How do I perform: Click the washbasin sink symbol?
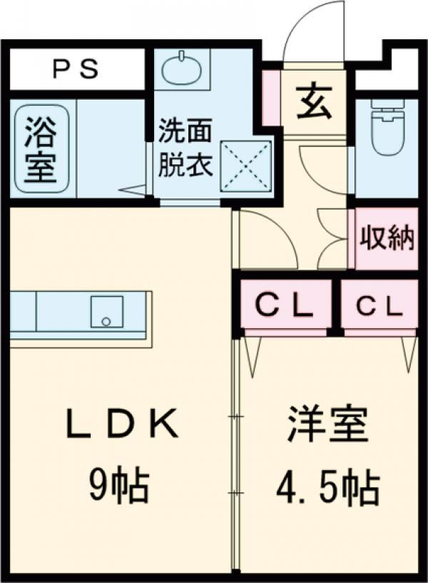pyautogui.click(x=185, y=69)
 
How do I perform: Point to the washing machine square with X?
pyautogui.click(x=245, y=166)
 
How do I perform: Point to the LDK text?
pyautogui.click(x=122, y=427)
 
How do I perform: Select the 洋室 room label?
pyautogui.click(x=327, y=427)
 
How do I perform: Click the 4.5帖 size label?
pyautogui.click(x=327, y=487)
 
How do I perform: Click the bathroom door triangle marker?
pyautogui.click(x=133, y=190)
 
